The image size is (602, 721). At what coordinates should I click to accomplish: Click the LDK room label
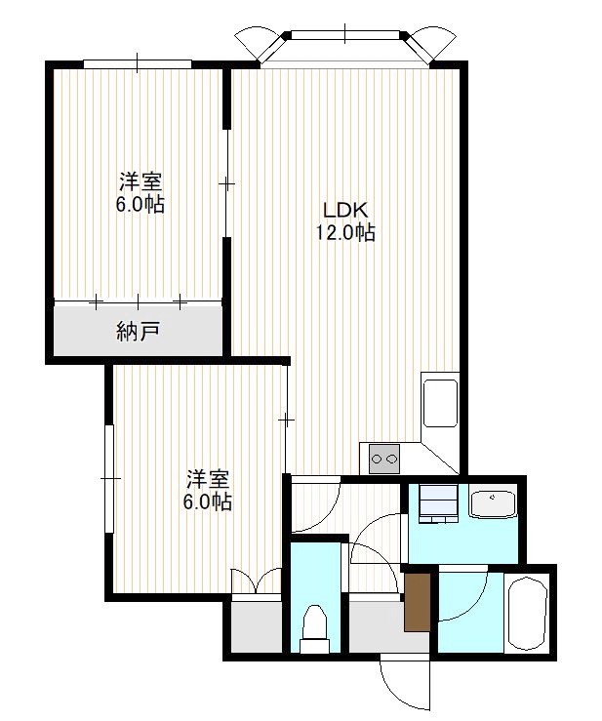point(345,211)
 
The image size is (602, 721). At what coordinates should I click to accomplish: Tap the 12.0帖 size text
point(345,232)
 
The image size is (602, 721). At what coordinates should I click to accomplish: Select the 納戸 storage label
point(138,332)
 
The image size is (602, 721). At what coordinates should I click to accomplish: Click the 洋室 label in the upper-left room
point(141,182)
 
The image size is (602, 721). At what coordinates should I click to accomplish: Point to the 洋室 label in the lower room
point(208,480)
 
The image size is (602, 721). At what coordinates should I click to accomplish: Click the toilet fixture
point(315,628)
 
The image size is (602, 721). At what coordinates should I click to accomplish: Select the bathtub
point(527,613)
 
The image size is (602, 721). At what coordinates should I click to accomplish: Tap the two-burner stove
point(384,459)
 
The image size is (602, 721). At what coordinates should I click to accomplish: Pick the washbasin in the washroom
point(492,504)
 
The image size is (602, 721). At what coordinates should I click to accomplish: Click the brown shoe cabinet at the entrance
point(418,602)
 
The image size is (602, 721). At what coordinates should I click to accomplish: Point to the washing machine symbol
point(438,503)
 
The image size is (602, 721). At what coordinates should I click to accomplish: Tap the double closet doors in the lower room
point(257,581)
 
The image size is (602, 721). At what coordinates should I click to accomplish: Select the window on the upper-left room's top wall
point(137,63)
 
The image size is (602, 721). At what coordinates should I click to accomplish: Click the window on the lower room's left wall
point(109,479)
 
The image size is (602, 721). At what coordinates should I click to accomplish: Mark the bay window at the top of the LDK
point(345,46)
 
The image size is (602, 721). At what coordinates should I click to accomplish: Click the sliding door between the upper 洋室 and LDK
point(226,184)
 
